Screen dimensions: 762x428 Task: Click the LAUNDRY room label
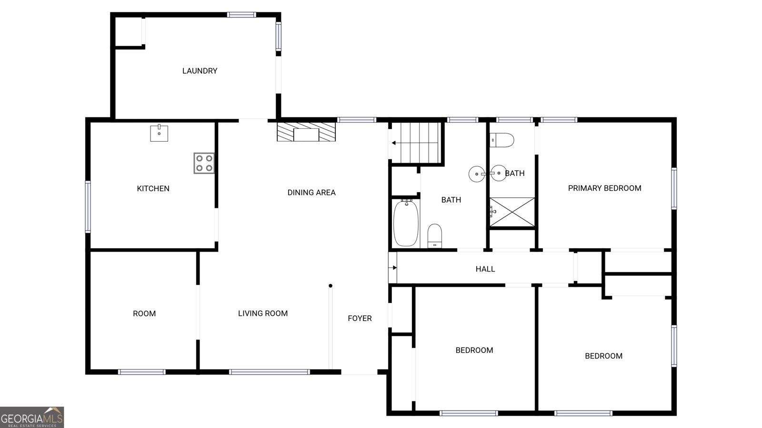pos(200,71)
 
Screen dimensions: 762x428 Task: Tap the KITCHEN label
pos(153,188)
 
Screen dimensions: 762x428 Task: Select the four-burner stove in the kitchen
pos(204,164)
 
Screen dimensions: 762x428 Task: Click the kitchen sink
pos(159,133)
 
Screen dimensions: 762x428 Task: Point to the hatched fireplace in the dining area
pos(306,132)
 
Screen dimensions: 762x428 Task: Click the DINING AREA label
pos(311,193)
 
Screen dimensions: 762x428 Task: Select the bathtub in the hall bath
pos(406,223)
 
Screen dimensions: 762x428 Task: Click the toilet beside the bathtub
pos(435,236)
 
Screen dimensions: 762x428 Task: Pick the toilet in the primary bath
pos(502,140)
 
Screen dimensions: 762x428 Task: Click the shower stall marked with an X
pos(512,212)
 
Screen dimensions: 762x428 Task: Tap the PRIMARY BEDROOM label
pos(604,188)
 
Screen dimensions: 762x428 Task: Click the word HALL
pos(485,269)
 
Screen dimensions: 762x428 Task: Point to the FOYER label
pos(360,318)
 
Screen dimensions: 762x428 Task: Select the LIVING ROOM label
pos(263,313)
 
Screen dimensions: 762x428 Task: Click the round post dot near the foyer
pos(331,286)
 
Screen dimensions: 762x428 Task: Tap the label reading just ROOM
pos(144,313)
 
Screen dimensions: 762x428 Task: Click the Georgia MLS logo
pos(32,418)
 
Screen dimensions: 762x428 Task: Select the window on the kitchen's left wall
pos(88,207)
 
